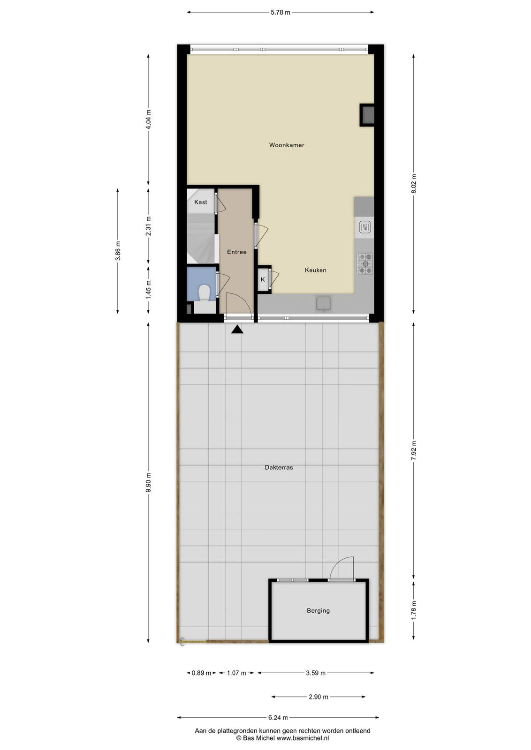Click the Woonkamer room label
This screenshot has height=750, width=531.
click(x=287, y=145)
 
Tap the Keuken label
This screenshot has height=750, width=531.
click(x=315, y=270)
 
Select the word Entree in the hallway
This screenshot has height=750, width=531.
click(x=236, y=252)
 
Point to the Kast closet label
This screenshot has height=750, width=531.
click(x=200, y=202)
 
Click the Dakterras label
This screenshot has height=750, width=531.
click(x=279, y=467)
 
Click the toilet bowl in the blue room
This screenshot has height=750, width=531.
click(x=204, y=293)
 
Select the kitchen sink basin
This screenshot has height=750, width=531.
click(x=324, y=304)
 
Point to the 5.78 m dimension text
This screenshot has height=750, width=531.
click(x=280, y=12)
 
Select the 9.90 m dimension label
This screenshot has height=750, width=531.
click(x=149, y=482)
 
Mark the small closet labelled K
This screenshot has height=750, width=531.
click(x=264, y=279)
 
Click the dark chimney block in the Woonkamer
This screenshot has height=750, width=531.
click(x=367, y=115)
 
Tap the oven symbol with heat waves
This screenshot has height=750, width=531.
click(x=364, y=227)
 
